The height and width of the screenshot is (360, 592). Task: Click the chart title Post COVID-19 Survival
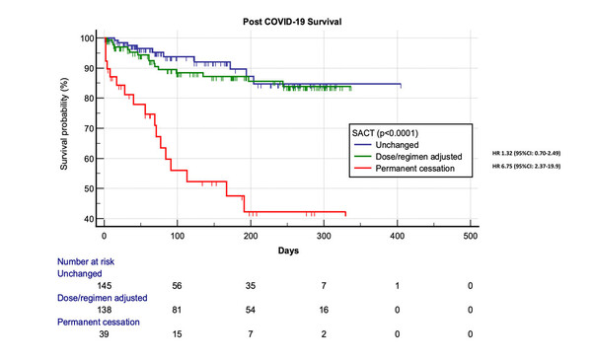pos(287,20)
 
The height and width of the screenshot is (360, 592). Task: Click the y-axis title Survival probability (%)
pos(64,125)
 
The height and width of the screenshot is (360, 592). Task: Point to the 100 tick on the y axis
pos(87,38)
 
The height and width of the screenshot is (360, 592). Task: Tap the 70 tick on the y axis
pos(89,128)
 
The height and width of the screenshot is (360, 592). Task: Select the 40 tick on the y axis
pos(89,219)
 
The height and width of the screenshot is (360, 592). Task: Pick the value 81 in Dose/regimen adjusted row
pos(178,309)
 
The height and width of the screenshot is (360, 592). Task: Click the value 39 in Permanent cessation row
pos(105,333)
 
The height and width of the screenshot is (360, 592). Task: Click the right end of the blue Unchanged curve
pos(400,85)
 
